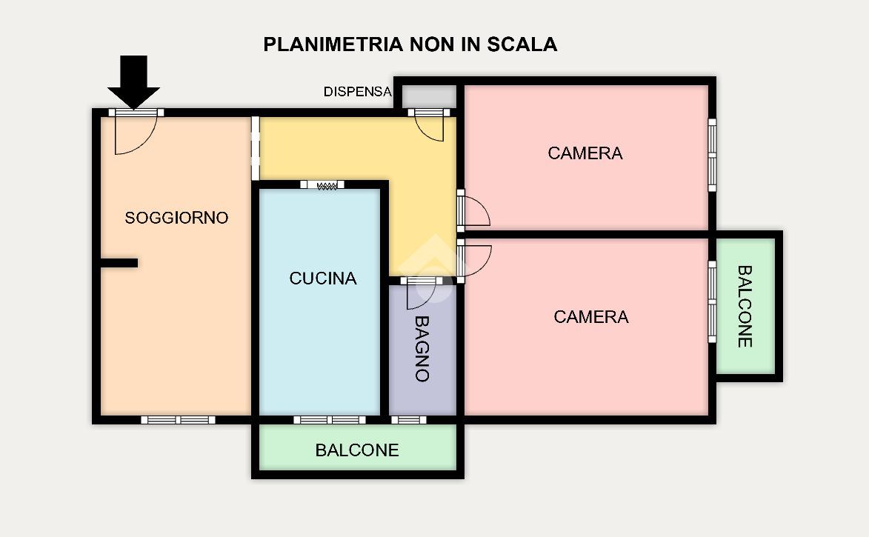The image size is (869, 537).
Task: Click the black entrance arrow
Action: click(x=133, y=81)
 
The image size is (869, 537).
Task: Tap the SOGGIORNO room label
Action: click(x=176, y=218)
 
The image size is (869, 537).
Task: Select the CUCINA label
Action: click(x=322, y=278)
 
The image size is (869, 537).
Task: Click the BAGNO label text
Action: click(x=422, y=349)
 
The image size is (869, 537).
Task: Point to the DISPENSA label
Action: click(x=358, y=91)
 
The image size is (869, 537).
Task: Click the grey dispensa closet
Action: click(x=428, y=96)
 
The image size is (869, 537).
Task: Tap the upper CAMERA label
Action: click(x=585, y=153)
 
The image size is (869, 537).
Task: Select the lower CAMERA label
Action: click(x=590, y=316)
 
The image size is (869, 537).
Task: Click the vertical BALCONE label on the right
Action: click(x=745, y=306)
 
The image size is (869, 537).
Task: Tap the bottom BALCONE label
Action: click(x=357, y=450)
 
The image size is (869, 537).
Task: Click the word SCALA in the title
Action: click(x=522, y=44)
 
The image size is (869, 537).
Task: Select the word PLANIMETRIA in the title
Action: click(x=333, y=44)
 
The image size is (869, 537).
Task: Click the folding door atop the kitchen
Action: click(x=322, y=185)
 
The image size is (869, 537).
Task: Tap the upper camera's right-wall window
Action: click(x=712, y=155)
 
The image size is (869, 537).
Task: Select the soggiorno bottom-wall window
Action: click(x=178, y=420)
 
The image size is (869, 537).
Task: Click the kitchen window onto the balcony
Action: click(x=329, y=420)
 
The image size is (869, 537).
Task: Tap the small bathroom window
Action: click(x=409, y=420)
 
